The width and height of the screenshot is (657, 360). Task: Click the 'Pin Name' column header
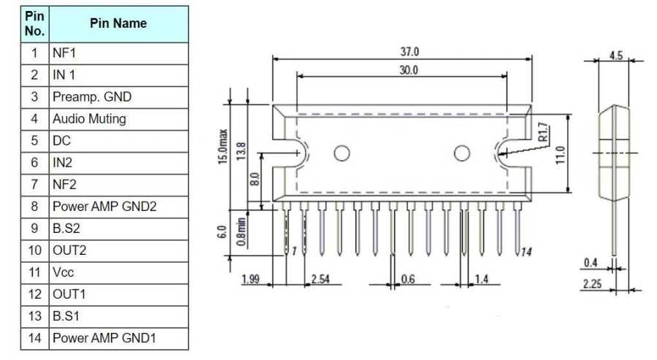(118, 23)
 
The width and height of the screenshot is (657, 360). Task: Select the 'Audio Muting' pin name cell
(118, 119)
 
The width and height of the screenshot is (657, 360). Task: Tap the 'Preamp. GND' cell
(118, 97)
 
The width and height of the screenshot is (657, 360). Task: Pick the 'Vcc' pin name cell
(118, 272)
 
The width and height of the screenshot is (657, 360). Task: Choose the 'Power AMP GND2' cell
(118, 207)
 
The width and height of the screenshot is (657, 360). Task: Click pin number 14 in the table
(35, 338)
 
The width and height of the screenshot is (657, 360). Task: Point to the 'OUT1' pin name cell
(118, 294)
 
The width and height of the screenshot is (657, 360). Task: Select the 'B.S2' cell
(118, 229)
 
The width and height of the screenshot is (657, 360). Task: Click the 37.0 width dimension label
(410, 52)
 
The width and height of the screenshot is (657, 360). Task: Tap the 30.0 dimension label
(409, 70)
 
